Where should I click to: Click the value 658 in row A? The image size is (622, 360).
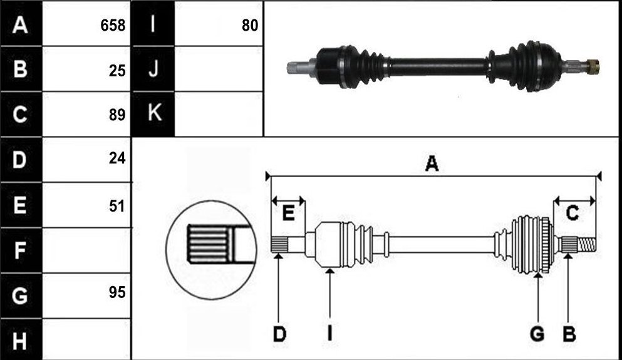tap(113, 26)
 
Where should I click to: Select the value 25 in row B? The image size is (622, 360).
tap(117, 71)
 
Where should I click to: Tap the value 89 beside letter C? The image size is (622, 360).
tap(117, 115)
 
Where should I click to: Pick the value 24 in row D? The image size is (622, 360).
tap(117, 158)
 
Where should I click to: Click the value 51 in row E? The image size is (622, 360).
tap(117, 206)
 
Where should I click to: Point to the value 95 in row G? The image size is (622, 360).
tap(117, 292)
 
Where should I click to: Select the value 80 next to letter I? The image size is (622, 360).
tap(250, 26)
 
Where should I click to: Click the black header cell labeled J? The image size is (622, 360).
tap(153, 69)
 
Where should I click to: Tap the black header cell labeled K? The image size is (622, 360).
tap(153, 114)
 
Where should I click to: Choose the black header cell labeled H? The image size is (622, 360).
tap(21, 340)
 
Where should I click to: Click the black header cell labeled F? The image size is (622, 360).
tap(21, 250)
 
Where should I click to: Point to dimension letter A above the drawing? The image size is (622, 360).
tap(432, 163)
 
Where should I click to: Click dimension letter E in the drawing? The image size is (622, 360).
tap(288, 213)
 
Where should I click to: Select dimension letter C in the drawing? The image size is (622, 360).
tap(572, 213)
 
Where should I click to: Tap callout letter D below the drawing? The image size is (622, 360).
tap(279, 334)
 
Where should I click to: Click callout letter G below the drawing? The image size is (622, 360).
tap(537, 334)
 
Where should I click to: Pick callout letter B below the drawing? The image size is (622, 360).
tap(569, 334)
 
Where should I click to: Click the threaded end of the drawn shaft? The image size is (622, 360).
tap(586, 244)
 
